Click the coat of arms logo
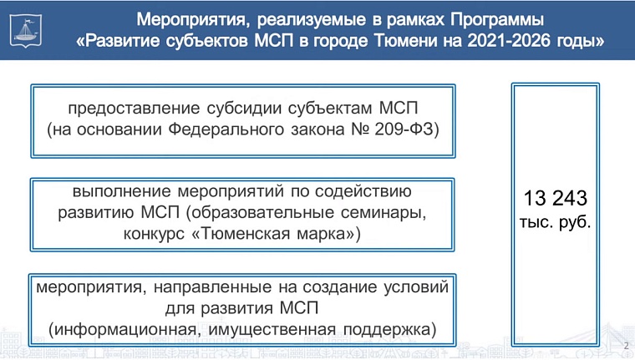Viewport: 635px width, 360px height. (x=23, y=29)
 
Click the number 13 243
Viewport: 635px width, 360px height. (x=556, y=200)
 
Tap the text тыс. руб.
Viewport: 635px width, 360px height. (x=556, y=223)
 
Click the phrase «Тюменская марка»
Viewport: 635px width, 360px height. (x=277, y=234)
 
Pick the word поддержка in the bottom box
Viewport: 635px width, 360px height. (x=389, y=329)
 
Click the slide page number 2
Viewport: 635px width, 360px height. (x=626, y=346)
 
